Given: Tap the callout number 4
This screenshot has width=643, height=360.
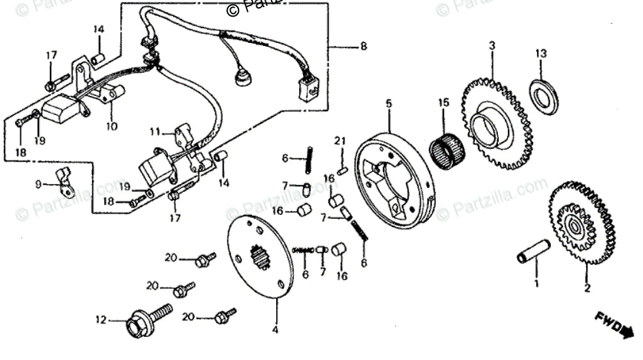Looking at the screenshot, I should (x=276, y=330).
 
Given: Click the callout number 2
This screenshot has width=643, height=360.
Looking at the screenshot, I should (x=587, y=288).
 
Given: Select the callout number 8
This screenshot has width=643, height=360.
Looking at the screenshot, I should (x=363, y=46).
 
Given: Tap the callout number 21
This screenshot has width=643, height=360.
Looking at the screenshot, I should (x=341, y=141).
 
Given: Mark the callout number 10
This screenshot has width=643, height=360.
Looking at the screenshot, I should (x=112, y=126).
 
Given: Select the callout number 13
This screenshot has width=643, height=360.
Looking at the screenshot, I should (x=541, y=53).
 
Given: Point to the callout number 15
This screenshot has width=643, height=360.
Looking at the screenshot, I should (x=444, y=102).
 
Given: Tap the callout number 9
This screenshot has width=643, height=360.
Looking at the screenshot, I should (x=38, y=184).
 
